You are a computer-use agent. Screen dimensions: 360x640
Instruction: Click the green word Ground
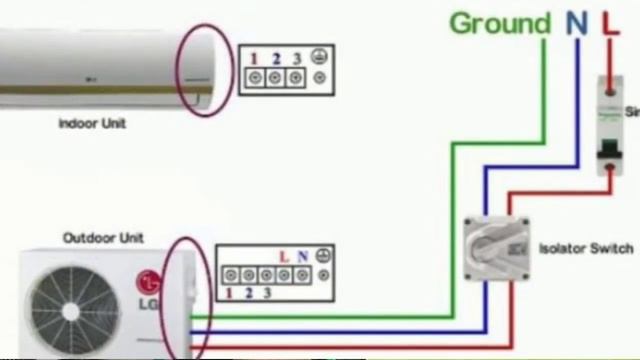tap(500, 24)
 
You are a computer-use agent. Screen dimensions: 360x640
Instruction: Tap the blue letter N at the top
tap(576, 24)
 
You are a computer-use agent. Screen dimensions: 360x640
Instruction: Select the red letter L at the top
tap(609, 24)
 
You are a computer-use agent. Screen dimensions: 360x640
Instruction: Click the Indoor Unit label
tap(91, 124)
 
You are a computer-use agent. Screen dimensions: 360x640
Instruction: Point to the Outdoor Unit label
tap(103, 238)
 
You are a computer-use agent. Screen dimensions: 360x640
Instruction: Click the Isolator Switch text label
tap(585, 248)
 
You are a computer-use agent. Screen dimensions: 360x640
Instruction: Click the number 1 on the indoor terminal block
tap(255, 58)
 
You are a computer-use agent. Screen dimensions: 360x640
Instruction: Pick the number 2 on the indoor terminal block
tap(276, 58)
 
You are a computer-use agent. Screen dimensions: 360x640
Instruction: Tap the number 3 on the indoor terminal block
tap(297, 58)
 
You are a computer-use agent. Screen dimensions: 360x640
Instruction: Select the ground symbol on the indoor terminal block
tap(319, 58)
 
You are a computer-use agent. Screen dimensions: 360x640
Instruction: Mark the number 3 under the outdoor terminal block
tap(268, 293)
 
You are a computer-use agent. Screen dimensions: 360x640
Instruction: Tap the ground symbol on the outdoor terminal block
tap(323, 256)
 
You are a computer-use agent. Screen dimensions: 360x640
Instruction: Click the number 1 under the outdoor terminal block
tap(230, 293)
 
